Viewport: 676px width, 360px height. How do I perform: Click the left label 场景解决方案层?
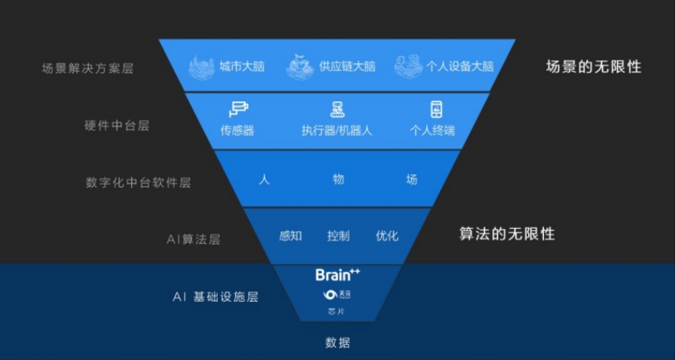pyautogui.click(x=87, y=68)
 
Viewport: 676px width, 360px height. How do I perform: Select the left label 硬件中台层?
pyautogui.click(x=116, y=126)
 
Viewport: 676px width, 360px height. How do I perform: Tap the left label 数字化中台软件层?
pyautogui.click(x=138, y=182)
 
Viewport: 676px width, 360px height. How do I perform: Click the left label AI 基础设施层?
pyautogui.click(x=215, y=297)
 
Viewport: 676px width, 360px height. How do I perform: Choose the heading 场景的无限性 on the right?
pyautogui.click(x=593, y=67)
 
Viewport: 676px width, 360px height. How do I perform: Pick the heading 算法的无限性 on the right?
pyautogui.click(x=507, y=233)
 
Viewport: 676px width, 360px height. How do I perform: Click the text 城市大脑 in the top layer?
pyautogui.click(x=242, y=67)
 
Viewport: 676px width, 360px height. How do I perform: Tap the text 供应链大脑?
pyautogui.click(x=347, y=67)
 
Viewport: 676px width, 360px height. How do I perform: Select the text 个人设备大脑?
pyautogui.click(x=460, y=67)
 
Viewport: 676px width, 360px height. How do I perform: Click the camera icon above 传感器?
pyautogui.click(x=237, y=110)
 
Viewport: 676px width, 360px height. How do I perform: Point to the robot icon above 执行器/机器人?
pyautogui.click(x=336, y=109)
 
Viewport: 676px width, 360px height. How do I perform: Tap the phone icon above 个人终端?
pyautogui.click(x=435, y=109)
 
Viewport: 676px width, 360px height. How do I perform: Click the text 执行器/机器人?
pyautogui.click(x=336, y=130)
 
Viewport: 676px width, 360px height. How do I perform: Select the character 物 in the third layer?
pyautogui.click(x=338, y=179)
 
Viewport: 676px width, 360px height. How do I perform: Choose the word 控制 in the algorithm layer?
pyautogui.click(x=338, y=236)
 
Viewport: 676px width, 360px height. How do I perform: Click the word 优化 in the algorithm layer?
pyautogui.click(x=387, y=236)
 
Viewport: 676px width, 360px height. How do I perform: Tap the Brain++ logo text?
pyautogui.click(x=337, y=274)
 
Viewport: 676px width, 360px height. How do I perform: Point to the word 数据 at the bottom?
pyautogui.click(x=337, y=343)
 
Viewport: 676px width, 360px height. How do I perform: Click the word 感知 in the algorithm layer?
pyautogui.click(x=290, y=236)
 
